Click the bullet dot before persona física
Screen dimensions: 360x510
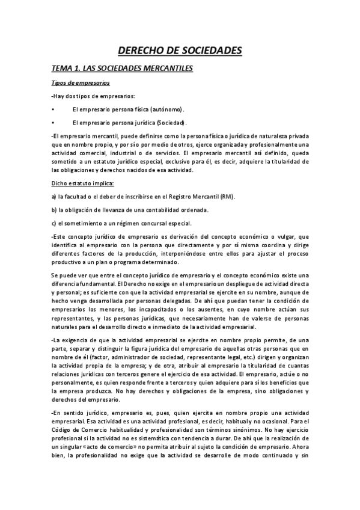pyautogui.click(x=54, y=109)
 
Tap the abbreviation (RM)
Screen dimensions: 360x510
pyautogui.click(x=227, y=197)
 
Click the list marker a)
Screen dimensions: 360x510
pyautogui.click(x=54, y=197)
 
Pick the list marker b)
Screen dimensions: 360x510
pyautogui.click(x=54, y=210)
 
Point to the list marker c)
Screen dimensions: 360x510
pyautogui.click(x=54, y=223)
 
